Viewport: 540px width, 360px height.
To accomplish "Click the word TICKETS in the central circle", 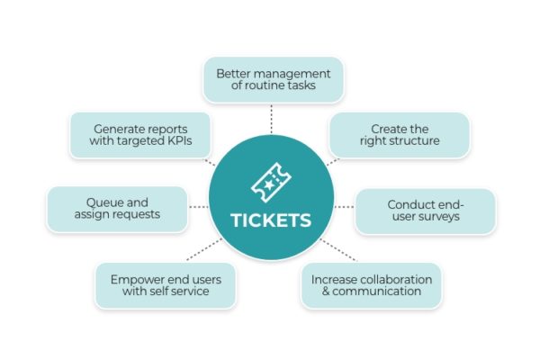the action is [x=271, y=220].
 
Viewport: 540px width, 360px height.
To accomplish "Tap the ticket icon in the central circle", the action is [x=271, y=183].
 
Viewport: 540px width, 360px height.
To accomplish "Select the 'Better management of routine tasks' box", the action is [x=273, y=79].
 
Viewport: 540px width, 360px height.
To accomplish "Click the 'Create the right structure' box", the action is [x=400, y=135].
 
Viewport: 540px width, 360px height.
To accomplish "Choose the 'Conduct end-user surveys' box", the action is [x=426, y=211].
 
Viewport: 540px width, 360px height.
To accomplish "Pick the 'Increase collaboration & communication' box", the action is [x=371, y=285].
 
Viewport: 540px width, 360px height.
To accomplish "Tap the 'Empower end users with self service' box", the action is [x=166, y=285].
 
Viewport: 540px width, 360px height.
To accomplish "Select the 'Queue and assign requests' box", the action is [x=117, y=209].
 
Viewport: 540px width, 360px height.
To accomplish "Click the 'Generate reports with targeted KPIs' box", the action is [x=140, y=135].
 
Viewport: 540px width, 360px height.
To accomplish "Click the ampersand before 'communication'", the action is [x=326, y=291].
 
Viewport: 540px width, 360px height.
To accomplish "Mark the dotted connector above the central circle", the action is [x=272, y=119].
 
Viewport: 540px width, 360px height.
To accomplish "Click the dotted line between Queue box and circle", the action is [x=199, y=207].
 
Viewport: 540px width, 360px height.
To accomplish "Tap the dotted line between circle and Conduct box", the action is [x=344, y=207].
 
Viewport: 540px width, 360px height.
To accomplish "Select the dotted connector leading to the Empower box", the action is [x=204, y=249].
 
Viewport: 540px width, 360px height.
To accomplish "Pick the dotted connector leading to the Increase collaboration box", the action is [x=338, y=250].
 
